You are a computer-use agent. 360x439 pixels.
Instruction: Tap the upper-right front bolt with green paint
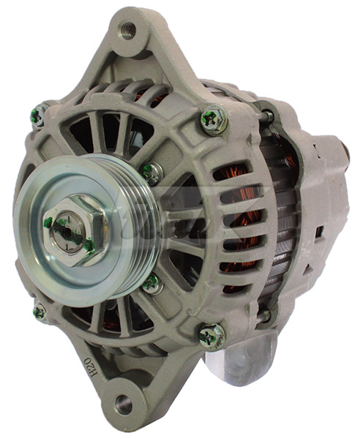tap(213, 119)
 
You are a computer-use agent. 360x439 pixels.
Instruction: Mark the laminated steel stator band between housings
tap(274, 219)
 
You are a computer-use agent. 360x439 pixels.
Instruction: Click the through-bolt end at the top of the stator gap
tap(268, 115)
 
